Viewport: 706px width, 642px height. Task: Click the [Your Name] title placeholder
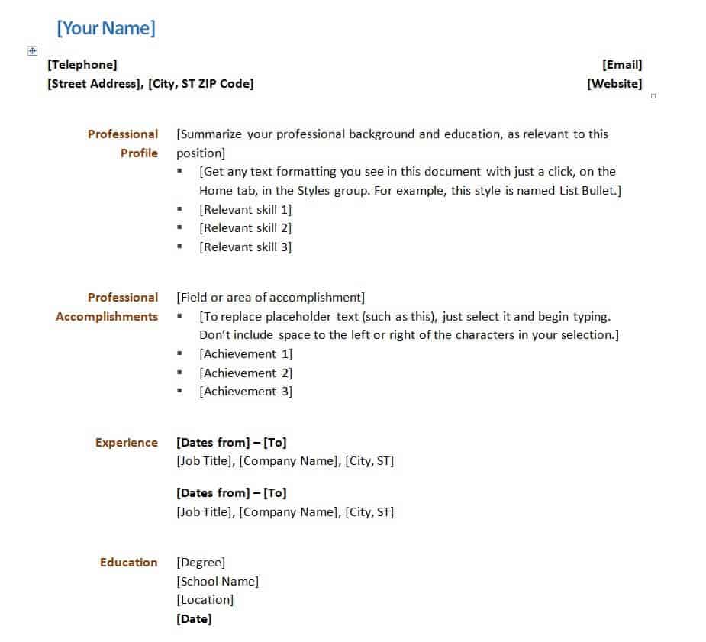click(x=106, y=29)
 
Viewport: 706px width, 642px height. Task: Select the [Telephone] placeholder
click(x=82, y=65)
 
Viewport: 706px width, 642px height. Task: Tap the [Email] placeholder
click(x=622, y=65)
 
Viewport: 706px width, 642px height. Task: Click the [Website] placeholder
click(x=614, y=84)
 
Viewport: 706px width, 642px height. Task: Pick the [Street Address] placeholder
click(x=95, y=84)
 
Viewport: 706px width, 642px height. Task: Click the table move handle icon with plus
click(x=32, y=50)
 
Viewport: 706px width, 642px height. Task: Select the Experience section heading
click(x=127, y=443)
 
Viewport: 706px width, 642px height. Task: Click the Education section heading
click(x=129, y=563)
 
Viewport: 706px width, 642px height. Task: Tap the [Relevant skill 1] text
click(x=246, y=209)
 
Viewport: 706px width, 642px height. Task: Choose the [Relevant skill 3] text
click(x=246, y=247)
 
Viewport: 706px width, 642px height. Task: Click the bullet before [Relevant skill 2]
click(x=180, y=228)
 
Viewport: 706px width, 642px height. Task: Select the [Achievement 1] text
click(x=246, y=354)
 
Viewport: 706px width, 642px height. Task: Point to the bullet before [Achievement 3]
click(x=180, y=392)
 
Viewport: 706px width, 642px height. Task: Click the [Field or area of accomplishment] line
click(x=270, y=298)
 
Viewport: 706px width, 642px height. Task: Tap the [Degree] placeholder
click(x=201, y=563)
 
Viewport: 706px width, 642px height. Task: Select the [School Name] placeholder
click(x=218, y=582)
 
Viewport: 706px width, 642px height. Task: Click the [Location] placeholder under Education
click(x=205, y=600)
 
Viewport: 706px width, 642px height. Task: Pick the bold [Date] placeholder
click(x=194, y=619)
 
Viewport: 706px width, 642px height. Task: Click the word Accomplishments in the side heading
click(x=107, y=317)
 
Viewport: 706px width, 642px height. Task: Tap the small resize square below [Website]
click(x=653, y=96)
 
